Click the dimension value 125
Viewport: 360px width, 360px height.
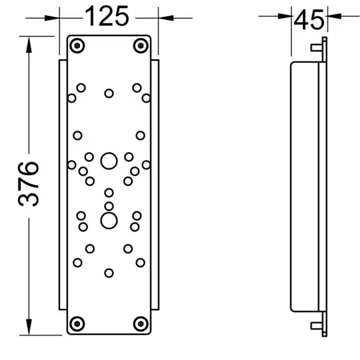click(x=107, y=17)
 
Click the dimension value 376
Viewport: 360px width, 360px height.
click(x=29, y=184)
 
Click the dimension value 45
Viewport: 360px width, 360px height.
click(x=309, y=20)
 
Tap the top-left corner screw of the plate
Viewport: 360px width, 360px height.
click(x=77, y=46)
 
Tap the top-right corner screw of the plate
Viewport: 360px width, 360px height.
click(x=141, y=46)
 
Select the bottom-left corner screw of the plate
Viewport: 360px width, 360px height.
click(x=77, y=323)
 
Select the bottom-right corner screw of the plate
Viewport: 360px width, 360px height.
click(x=141, y=323)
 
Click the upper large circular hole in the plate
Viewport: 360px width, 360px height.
click(x=109, y=161)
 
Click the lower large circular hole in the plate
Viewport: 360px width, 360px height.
click(x=109, y=221)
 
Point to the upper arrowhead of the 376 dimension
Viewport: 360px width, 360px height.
click(x=29, y=45)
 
